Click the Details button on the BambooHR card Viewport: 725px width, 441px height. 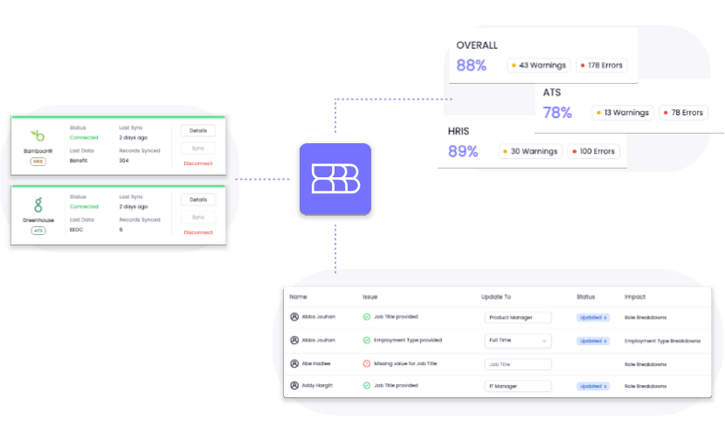(198, 130)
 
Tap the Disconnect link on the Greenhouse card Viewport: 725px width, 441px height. (198, 232)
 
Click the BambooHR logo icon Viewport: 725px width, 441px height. (38, 135)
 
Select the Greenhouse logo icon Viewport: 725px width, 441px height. (38, 205)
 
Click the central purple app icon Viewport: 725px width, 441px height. (335, 179)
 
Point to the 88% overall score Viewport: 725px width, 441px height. (471, 65)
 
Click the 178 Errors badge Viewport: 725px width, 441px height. (602, 65)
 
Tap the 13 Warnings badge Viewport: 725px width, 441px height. (622, 113)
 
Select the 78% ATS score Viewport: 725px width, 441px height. (557, 113)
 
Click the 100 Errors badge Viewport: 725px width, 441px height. (593, 151)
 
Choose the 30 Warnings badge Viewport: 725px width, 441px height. (528, 151)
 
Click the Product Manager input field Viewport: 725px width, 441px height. (518, 317)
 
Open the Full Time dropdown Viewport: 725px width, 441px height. (518, 341)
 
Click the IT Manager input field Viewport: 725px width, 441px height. (518, 385)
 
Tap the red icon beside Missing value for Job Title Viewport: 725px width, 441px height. (367, 363)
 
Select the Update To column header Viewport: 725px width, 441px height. (496, 297)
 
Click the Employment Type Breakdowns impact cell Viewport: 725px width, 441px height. (662, 341)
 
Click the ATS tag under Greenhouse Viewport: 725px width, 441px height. (38, 231)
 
